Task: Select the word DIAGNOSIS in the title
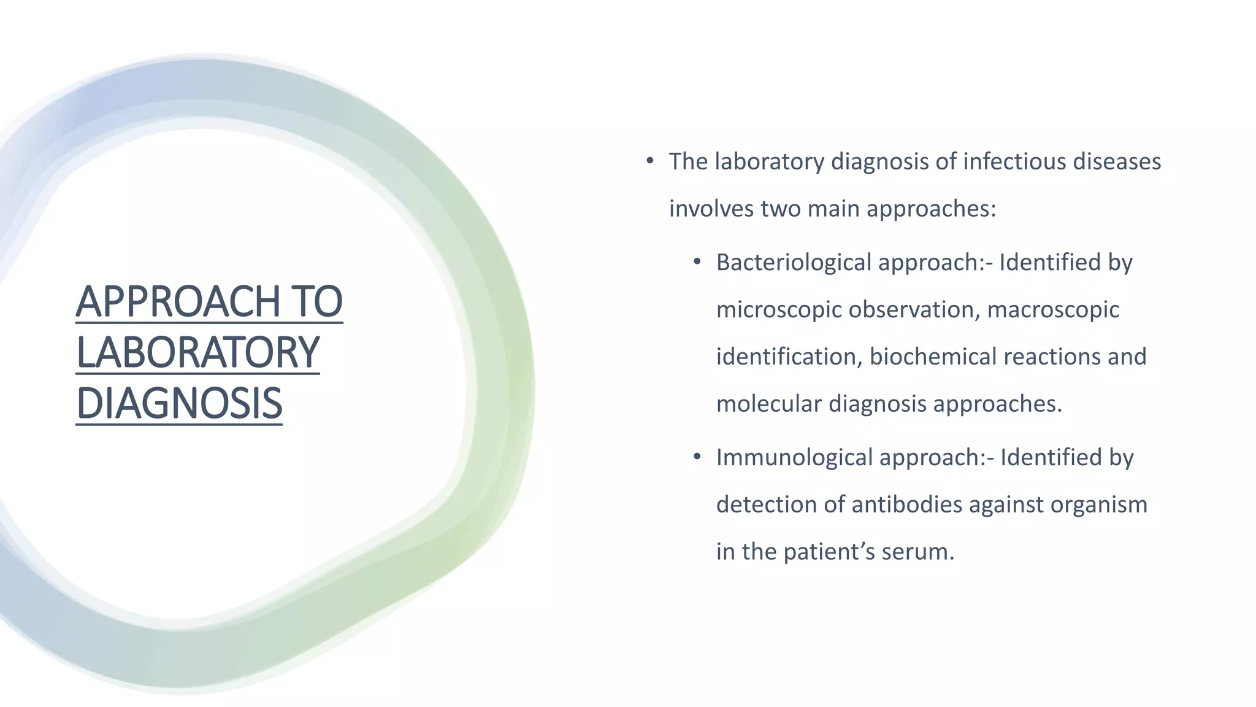tap(179, 403)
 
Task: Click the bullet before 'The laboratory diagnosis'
tap(649, 161)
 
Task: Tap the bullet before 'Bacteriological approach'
tap(697, 262)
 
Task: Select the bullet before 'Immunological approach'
tap(697, 457)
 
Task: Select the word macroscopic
tap(1053, 309)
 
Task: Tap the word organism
tap(1098, 504)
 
